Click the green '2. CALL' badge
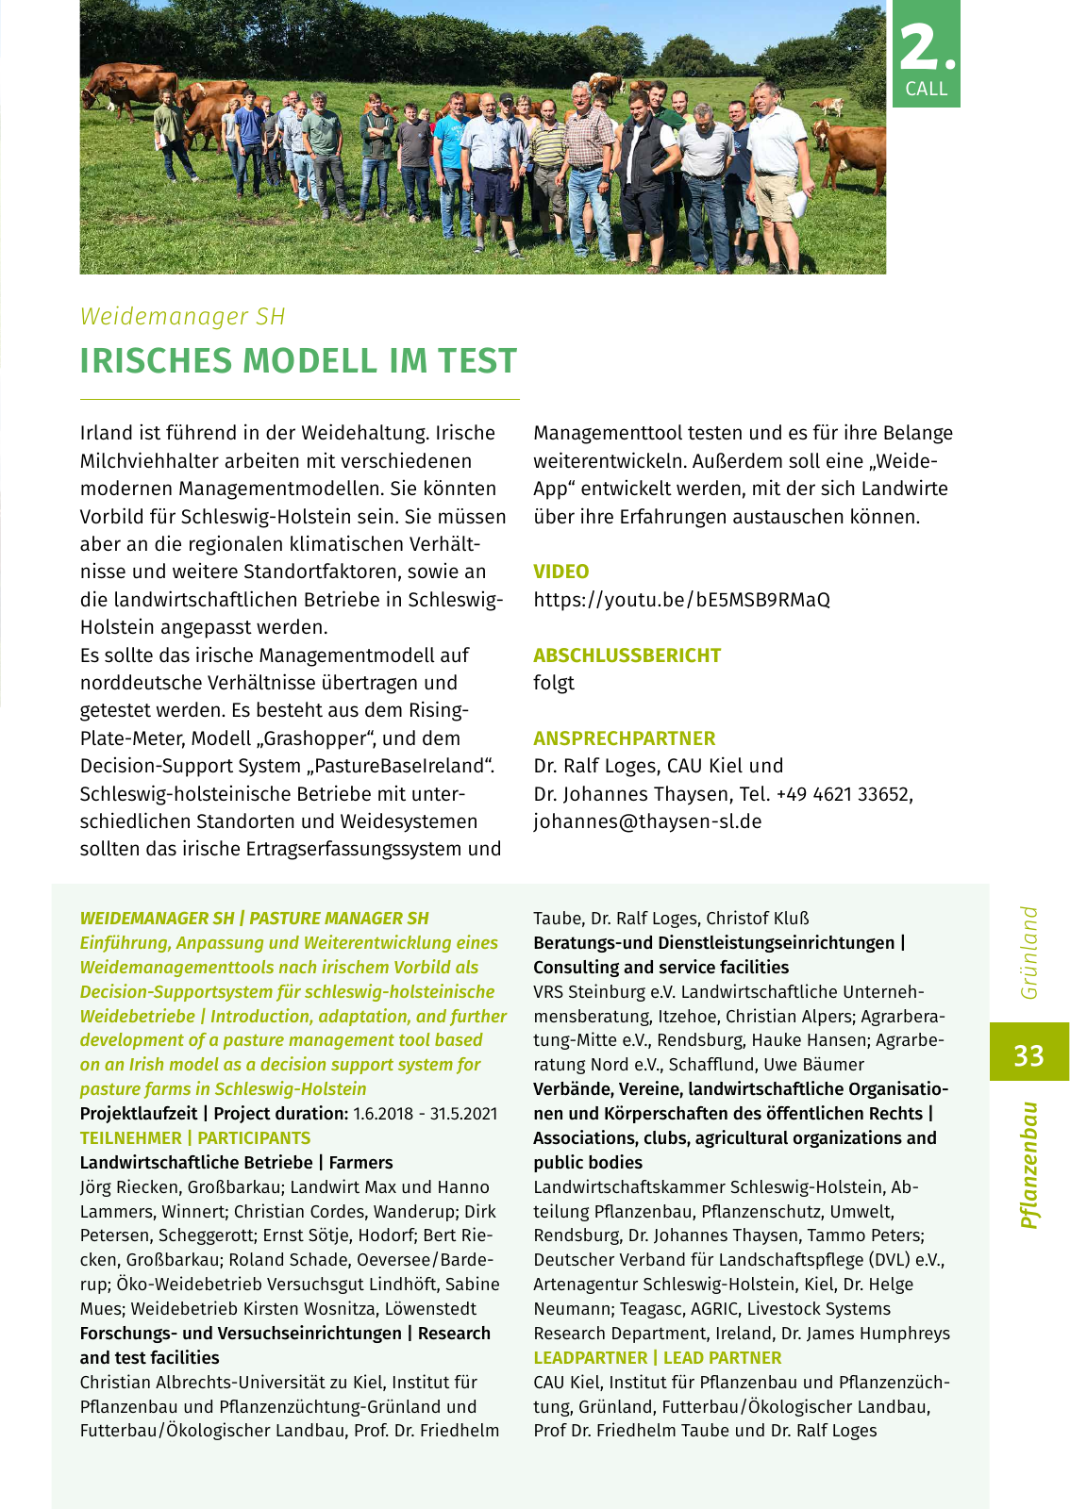[926, 54]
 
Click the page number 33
[1028, 1053]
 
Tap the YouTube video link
[681, 600]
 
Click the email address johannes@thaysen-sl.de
[647, 821]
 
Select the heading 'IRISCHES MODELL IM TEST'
[298, 361]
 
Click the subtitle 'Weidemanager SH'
[182, 317]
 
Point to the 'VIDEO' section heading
[560, 572]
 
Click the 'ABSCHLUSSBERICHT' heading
[627, 655]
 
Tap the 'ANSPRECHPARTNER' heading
[624, 738]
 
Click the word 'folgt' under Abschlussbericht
[554, 683]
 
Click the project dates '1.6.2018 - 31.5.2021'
[425, 1114]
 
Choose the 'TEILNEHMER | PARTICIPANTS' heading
[194, 1138]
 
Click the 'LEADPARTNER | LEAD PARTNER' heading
[657, 1358]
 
